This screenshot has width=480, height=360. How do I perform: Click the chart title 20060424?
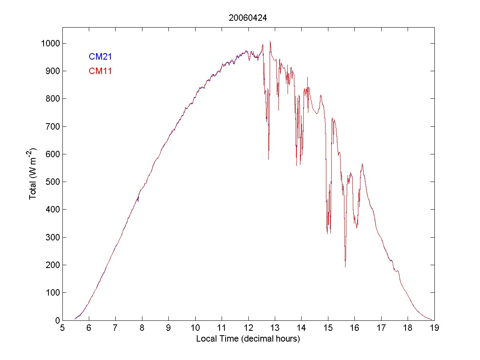coord(248,18)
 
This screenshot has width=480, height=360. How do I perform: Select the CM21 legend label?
coord(100,57)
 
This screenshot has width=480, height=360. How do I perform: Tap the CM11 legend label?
coord(100,71)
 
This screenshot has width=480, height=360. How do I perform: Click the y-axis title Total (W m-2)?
coord(33,174)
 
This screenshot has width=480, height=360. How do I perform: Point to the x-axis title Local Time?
coord(248,339)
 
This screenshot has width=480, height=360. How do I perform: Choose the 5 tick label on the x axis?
coord(62,328)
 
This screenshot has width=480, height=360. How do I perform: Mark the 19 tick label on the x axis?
coord(434,328)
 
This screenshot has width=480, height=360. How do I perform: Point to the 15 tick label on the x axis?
coord(328,328)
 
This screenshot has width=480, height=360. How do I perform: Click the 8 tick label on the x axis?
coord(142,328)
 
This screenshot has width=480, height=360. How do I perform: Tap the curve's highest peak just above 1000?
coord(270,41)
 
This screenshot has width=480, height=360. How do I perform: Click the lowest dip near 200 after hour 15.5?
coord(345,266)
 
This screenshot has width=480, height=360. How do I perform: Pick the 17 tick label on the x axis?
coord(381,328)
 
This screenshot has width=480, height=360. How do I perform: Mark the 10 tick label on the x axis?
coord(195,328)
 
